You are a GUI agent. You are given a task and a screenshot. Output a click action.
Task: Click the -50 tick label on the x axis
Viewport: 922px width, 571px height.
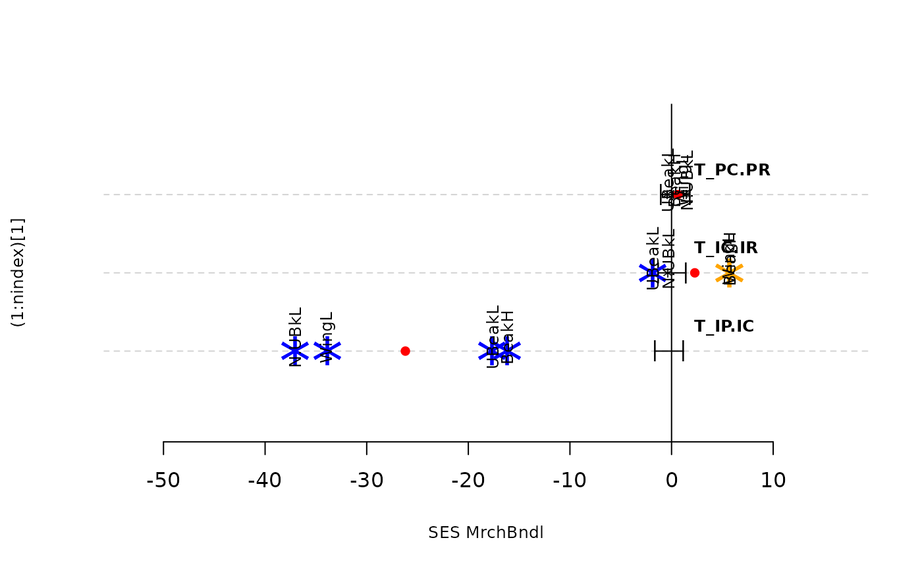[x=163, y=480]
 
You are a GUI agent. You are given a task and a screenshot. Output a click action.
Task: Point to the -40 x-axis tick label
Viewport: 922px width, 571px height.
[x=265, y=480]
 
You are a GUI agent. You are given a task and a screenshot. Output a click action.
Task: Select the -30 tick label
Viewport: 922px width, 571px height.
[x=367, y=480]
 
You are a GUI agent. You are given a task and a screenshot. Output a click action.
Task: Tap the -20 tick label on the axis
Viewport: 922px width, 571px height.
[x=468, y=480]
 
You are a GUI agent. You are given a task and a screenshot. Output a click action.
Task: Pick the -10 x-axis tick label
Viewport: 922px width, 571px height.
[x=570, y=480]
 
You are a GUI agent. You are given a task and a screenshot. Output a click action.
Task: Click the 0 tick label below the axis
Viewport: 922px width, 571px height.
[x=671, y=480]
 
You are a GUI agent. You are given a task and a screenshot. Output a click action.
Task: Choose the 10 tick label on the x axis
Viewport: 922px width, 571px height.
[x=773, y=480]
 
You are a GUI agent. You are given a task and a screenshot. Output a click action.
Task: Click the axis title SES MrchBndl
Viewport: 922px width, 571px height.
[x=486, y=533]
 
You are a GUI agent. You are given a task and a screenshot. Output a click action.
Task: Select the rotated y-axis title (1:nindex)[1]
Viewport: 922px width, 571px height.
[x=18, y=272]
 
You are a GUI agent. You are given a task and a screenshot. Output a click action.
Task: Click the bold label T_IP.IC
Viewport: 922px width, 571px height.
[x=724, y=326]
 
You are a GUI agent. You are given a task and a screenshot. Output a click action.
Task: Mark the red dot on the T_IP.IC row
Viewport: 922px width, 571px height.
[x=405, y=351]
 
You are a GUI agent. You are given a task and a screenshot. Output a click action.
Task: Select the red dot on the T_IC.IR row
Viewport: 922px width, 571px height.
[x=694, y=273]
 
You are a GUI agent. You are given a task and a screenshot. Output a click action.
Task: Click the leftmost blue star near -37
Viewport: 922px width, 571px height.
[x=295, y=351]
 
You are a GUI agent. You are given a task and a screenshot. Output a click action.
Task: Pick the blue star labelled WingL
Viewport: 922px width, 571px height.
[x=327, y=351]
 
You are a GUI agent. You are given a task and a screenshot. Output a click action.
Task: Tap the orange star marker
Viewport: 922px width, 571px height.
[x=729, y=273]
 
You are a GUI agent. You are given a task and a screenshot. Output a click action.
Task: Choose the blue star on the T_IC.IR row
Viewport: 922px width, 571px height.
[x=653, y=273]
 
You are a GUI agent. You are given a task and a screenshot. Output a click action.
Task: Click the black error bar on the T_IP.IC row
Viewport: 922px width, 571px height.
[x=669, y=351]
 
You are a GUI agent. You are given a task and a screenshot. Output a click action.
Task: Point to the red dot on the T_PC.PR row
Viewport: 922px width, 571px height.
[x=678, y=195]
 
